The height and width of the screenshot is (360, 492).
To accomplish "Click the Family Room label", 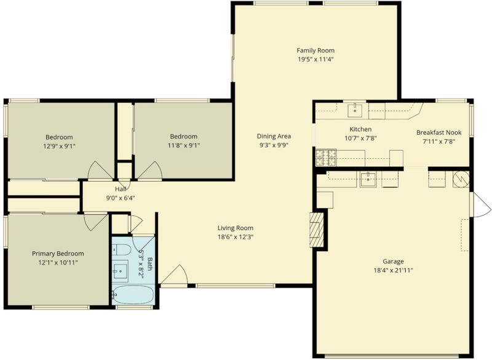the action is tap(315, 50).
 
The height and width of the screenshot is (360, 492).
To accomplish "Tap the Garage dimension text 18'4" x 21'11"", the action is tap(393, 270).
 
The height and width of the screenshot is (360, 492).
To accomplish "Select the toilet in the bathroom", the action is tap(122, 250).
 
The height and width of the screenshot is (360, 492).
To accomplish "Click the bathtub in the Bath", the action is tap(133, 294).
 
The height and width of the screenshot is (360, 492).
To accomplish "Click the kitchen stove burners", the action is tap(326, 158).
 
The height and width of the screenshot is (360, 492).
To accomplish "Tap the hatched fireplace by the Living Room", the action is tap(317, 230).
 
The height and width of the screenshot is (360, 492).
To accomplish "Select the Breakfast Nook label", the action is tap(438, 132).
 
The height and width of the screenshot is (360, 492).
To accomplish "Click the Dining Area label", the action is tap(274, 136).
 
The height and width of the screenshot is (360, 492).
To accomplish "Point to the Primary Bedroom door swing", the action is tap(95, 222).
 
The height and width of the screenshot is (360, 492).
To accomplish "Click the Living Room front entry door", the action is tap(174, 274).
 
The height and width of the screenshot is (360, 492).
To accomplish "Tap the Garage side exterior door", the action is tap(480, 204).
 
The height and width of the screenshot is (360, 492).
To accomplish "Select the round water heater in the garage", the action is tap(461, 179).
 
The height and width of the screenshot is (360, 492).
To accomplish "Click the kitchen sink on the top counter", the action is tap(355, 110).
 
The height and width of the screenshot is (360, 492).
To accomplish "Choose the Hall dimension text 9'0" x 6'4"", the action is tap(121, 198).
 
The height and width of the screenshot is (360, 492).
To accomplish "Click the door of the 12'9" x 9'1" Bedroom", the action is tap(100, 171).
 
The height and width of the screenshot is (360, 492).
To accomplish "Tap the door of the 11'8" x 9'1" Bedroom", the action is tap(150, 171).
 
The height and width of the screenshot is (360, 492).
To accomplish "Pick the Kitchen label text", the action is tap(360, 129).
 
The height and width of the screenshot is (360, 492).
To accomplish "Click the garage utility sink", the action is tap(368, 179).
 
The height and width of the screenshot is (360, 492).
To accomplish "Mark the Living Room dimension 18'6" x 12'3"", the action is tap(236, 237).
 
